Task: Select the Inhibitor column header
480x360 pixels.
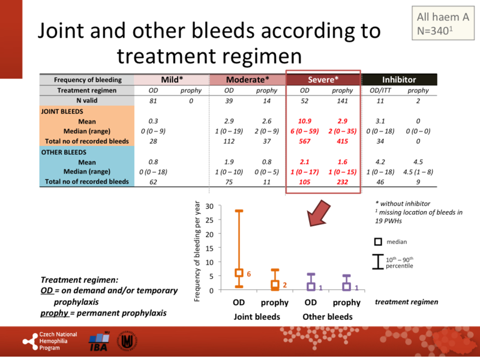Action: point(399,79)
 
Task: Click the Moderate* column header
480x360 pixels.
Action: point(247,79)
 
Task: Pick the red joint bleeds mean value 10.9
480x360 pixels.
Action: point(305,121)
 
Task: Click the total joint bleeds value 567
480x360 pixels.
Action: point(304,141)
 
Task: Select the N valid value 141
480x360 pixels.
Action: point(343,100)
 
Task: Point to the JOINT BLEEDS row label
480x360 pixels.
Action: point(62,111)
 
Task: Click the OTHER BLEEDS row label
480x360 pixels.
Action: point(63,152)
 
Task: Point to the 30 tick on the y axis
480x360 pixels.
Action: point(210,206)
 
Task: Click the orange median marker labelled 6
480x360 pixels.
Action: point(239,273)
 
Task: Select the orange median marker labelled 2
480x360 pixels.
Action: point(275,285)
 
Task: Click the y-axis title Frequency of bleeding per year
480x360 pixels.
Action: point(198,250)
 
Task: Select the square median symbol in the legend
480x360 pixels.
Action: point(379,242)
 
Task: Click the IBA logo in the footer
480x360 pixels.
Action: point(99,340)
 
